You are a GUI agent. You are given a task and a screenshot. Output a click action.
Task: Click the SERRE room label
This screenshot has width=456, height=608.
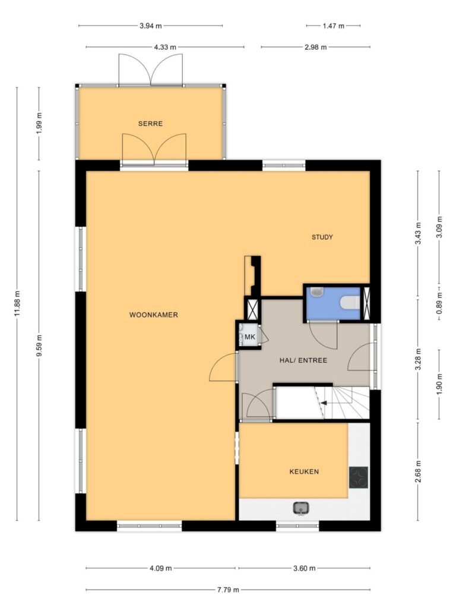point(150,123)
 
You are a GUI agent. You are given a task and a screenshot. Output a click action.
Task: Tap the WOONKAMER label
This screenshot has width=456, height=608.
point(154,315)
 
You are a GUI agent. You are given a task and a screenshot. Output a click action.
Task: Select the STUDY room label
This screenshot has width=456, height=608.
point(322,237)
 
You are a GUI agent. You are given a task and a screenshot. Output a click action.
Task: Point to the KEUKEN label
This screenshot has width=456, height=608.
point(304,471)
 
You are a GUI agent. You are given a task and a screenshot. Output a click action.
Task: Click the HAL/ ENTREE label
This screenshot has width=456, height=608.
point(303,360)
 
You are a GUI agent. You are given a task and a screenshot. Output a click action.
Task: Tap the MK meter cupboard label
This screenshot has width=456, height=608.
point(250,337)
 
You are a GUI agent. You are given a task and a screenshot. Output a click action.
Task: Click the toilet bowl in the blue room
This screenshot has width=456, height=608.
point(350,302)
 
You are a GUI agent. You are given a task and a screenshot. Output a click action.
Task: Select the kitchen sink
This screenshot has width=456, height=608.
point(301,508)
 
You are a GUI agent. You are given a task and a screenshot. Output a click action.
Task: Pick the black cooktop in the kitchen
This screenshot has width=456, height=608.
point(358,477)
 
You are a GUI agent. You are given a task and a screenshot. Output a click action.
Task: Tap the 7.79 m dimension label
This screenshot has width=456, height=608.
point(228,590)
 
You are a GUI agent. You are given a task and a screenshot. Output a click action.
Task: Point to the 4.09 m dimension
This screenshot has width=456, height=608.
point(160,568)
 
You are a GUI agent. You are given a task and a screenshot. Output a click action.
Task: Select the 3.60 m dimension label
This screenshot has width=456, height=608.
point(304,568)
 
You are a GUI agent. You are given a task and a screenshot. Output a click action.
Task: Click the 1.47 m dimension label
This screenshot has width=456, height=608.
point(334,26)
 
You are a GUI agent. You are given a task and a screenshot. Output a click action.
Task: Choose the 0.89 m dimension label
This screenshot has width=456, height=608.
point(439,302)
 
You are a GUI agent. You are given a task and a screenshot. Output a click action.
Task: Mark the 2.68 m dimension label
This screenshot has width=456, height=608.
point(418,471)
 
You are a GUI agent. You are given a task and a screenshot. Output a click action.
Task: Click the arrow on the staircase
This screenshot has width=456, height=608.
point(324,403)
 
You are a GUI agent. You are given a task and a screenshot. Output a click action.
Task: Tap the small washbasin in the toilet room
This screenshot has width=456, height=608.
point(317,291)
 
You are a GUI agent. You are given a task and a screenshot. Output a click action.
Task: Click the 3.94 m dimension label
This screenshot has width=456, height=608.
point(150,26)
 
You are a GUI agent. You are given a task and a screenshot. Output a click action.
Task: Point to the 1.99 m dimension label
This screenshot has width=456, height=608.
point(39,123)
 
